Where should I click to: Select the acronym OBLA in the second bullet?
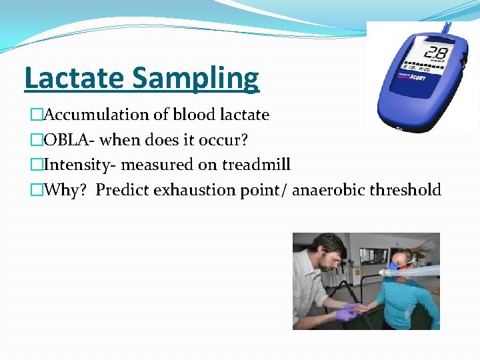tap(67, 139)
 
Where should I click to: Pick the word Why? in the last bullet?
tap(66, 190)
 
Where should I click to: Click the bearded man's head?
tap(329, 252)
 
